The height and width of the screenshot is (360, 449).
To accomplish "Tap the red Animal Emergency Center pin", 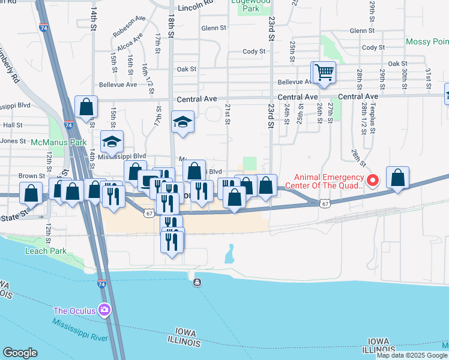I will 372,179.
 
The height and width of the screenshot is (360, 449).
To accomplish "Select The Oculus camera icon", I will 105,310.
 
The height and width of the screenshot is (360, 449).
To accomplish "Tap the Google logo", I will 20,353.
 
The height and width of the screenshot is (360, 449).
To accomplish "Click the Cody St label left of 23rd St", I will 254,52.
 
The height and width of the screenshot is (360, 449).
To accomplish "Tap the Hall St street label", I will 12,125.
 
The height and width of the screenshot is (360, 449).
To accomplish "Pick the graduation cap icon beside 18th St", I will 182,122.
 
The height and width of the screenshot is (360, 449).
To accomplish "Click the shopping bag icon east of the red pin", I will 397,178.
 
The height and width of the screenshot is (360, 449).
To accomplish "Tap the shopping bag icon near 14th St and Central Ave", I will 86,107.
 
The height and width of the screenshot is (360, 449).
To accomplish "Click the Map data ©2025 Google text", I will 412,355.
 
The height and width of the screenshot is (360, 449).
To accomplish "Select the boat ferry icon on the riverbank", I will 197,283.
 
